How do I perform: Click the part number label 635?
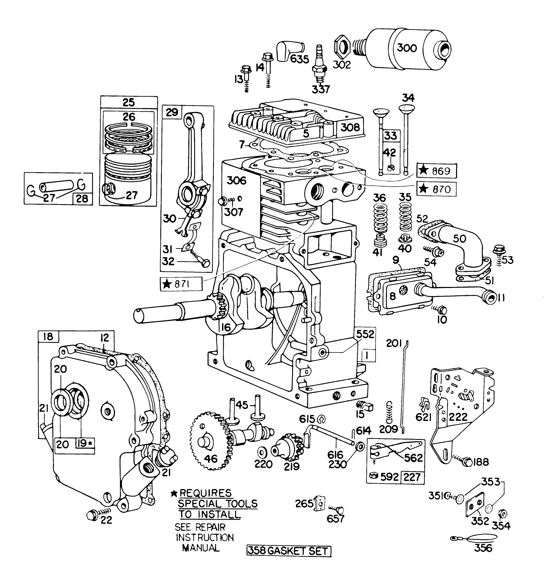[299, 59]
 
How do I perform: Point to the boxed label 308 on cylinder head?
[350, 128]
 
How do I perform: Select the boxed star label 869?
[437, 170]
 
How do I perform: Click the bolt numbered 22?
[93, 515]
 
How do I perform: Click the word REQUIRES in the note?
[206, 493]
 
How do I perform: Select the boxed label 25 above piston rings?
[129, 102]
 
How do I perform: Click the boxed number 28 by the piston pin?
[82, 198]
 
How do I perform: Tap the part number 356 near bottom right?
[482, 547]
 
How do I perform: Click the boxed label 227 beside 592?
[412, 477]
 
